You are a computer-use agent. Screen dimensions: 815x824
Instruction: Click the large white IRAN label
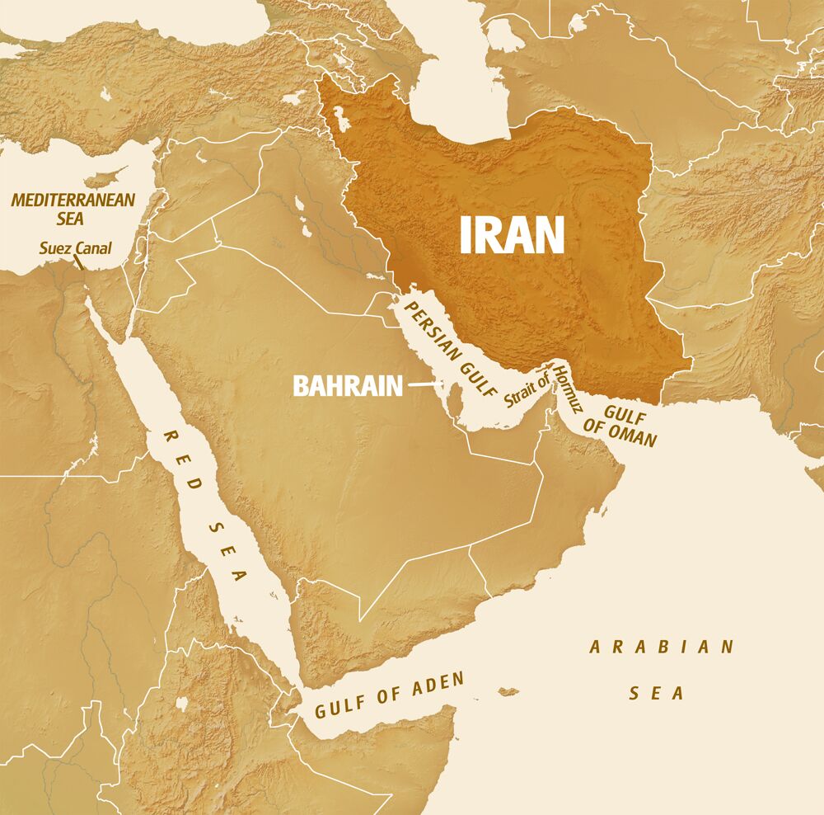coord(512,234)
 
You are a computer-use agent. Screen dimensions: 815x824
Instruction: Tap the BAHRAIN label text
coord(347,385)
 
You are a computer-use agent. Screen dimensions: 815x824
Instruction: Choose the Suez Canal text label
coord(75,247)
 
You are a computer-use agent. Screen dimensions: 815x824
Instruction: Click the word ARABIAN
coord(661,648)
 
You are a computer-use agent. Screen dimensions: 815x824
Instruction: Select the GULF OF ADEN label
coord(389,697)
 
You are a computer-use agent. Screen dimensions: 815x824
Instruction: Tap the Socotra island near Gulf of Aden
coord(508,690)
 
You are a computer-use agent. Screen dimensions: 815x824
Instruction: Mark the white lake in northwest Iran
coord(337,115)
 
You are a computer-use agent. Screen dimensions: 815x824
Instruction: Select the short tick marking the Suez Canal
coord(79,263)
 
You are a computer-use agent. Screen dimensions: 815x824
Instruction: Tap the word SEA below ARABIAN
coord(657,693)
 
